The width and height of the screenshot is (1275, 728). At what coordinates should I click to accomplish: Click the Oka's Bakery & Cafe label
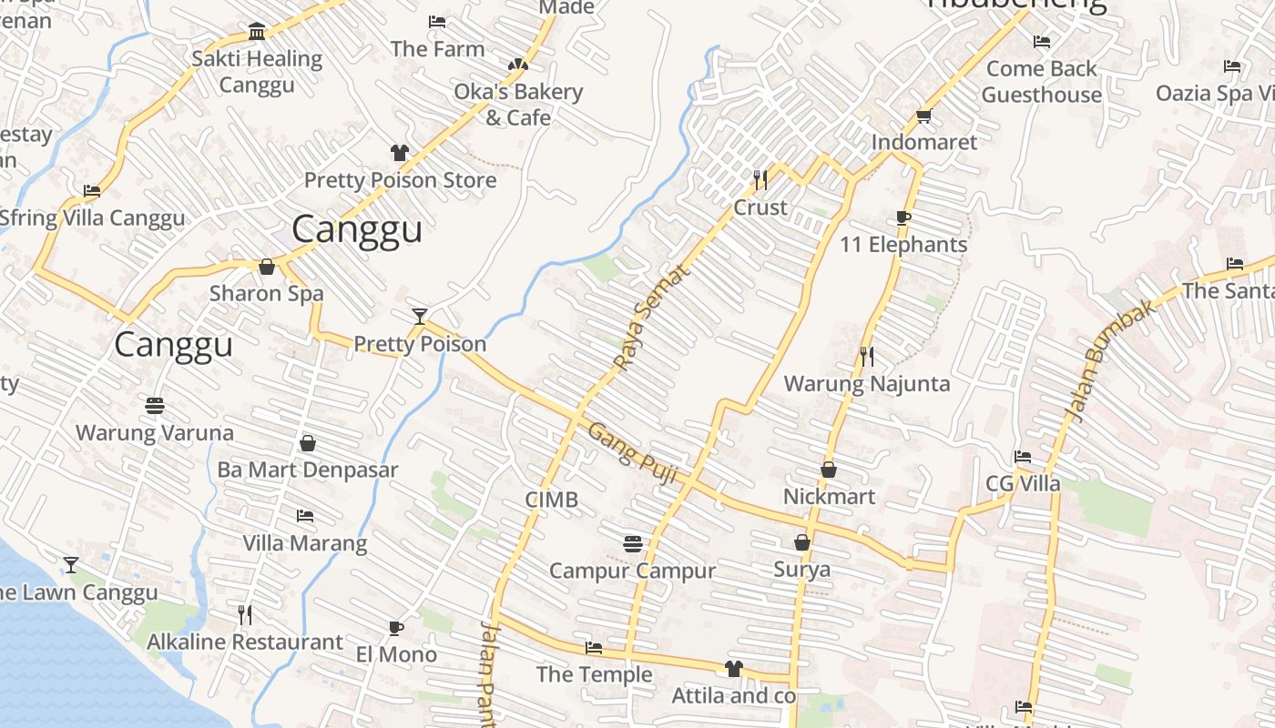click(x=518, y=105)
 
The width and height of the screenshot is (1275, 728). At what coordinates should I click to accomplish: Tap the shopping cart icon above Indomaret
click(x=923, y=116)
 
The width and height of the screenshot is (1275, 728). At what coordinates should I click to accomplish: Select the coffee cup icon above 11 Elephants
click(x=903, y=217)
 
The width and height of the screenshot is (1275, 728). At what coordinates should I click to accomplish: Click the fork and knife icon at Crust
click(x=760, y=179)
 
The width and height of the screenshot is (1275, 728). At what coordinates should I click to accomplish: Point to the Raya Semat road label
click(x=650, y=318)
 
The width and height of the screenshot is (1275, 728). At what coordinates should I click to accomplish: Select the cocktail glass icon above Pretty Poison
click(x=419, y=317)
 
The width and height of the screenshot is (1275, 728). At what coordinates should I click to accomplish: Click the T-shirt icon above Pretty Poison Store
click(x=400, y=152)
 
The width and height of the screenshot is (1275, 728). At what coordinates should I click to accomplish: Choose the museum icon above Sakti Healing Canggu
click(x=257, y=32)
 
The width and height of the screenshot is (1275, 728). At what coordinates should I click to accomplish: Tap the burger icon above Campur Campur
click(x=633, y=543)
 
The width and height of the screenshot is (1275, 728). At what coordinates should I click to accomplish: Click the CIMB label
click(x=551, y=500)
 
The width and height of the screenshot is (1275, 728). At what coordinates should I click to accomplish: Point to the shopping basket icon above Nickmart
click(x=829, y=470)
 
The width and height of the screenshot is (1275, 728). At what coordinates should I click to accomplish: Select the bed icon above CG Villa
click(x=1023, y=457)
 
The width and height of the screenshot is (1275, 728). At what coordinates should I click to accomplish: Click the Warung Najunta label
click(x=866, y=383)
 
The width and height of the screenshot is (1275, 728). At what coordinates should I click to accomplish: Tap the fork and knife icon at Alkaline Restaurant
click(x=244, y=615)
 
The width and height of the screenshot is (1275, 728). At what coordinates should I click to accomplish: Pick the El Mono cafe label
click(x=396, y=653)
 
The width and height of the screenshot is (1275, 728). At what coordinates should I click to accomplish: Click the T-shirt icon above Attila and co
click(x=733, y=669)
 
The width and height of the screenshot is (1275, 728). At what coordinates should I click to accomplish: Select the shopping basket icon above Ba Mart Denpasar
click(x=308, y=443)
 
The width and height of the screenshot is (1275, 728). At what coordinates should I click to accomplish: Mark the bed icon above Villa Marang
click(x=304, y=516)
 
